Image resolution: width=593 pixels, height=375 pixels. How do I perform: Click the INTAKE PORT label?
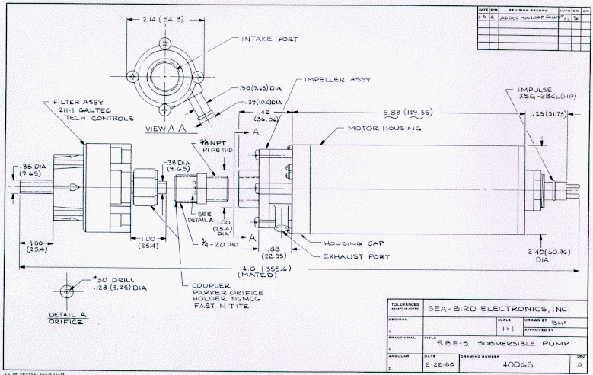(270, 39)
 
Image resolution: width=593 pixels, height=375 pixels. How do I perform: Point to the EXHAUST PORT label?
(357, 256)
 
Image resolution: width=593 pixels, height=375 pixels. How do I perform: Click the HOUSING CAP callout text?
(349, 243)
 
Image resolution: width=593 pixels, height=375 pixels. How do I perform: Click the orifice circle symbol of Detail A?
(68, 292)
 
